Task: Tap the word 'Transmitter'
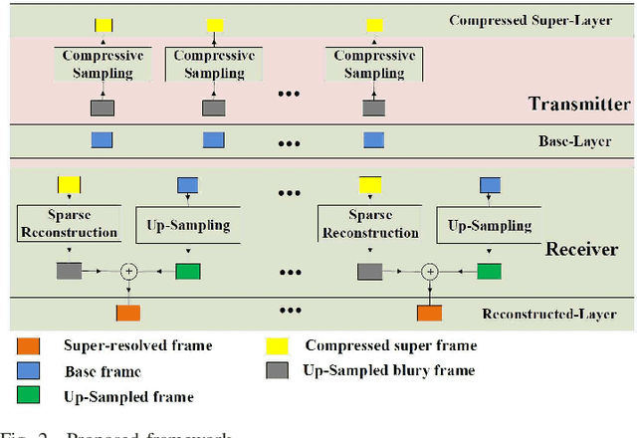coord(579,104)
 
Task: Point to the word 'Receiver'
coord(580,249)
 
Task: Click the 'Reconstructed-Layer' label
coord(556,314)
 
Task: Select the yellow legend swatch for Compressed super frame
coord(278,346)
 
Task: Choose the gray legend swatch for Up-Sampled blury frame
coord(278,371)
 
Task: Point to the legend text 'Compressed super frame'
coord(391,346)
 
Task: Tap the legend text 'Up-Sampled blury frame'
coord(389,371)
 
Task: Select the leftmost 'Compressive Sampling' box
coord(103,63)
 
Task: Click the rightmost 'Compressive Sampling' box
coord(374,63)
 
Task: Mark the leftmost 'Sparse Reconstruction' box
coord(69,224)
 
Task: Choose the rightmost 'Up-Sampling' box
coord(490,226)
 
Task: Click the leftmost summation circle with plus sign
coord(128,270)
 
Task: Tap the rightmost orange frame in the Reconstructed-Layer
coord(430,313)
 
